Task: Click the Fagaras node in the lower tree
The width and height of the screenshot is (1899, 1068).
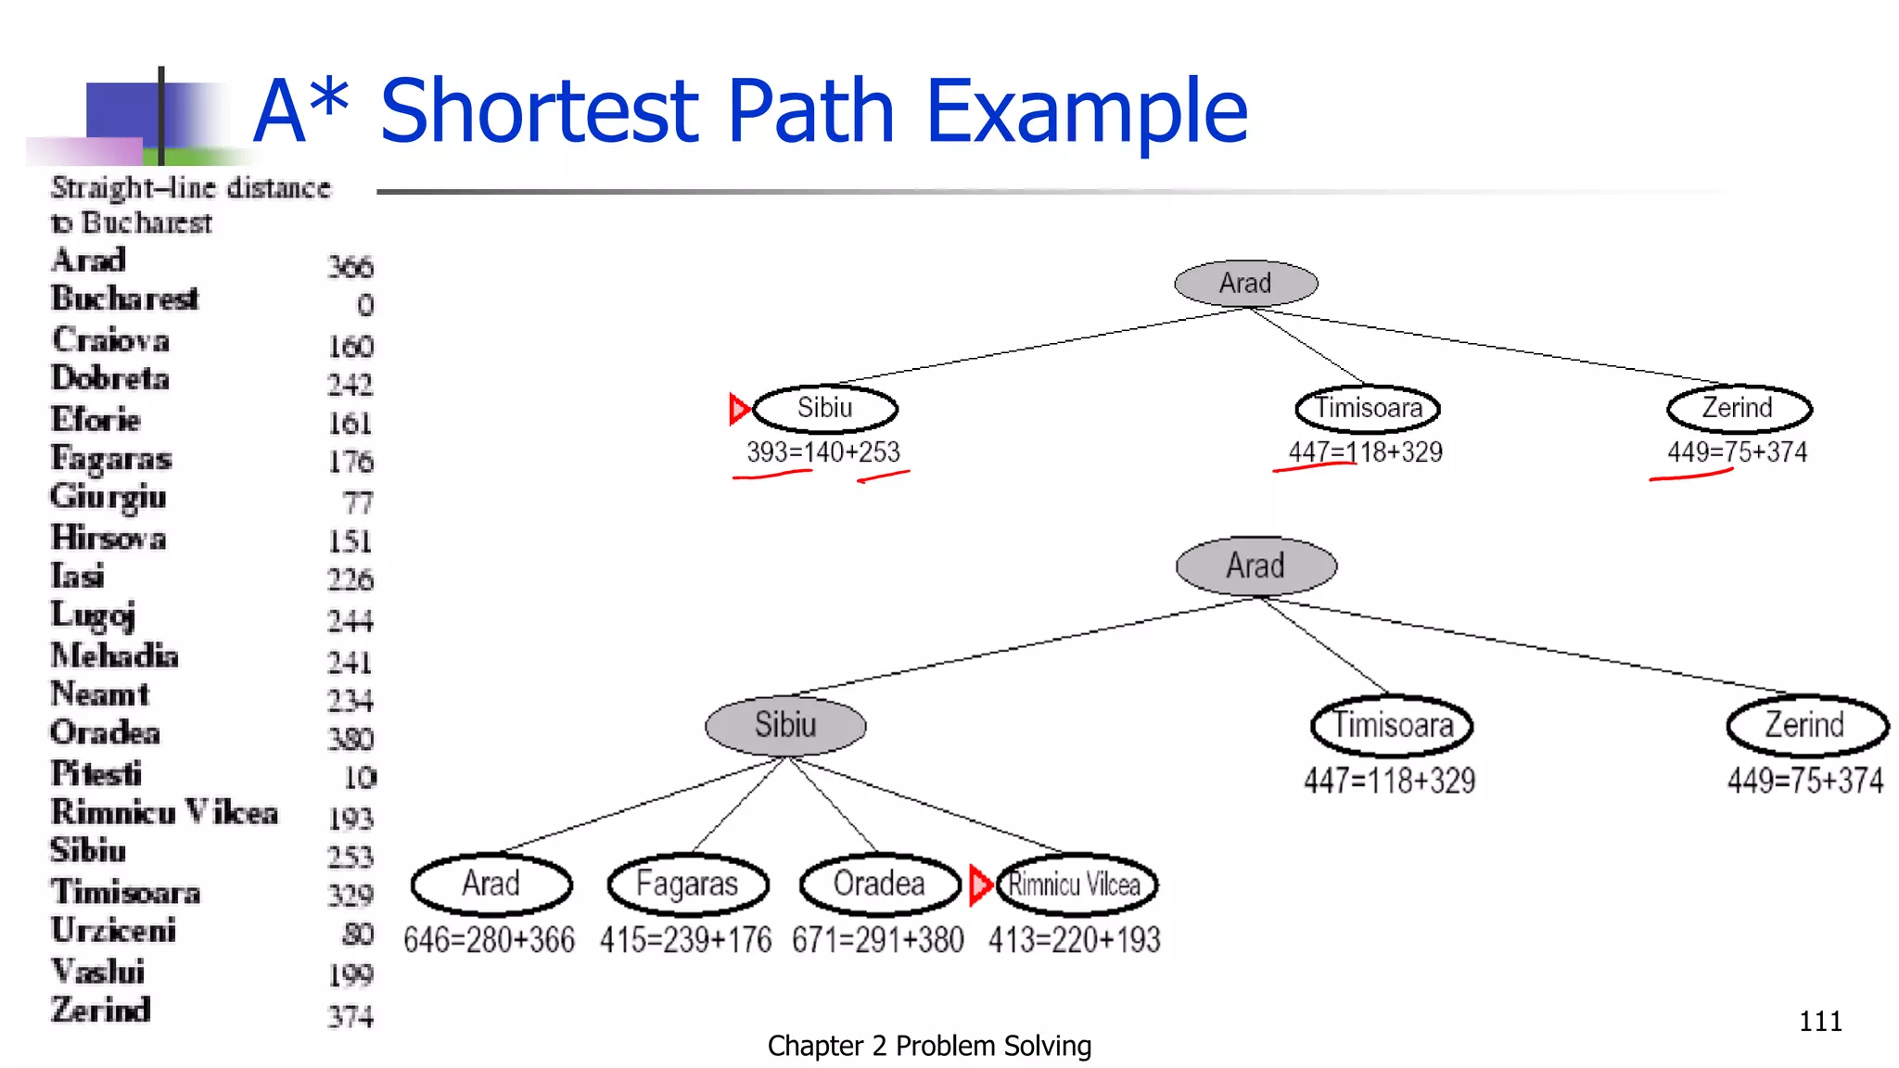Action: [687, 884]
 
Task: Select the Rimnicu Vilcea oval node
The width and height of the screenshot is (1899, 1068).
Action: [1076, 884]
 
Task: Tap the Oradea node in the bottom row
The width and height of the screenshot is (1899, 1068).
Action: [879, 884]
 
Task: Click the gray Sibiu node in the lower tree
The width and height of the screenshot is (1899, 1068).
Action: [785, 724]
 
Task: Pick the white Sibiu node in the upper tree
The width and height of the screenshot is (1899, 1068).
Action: [825, 408]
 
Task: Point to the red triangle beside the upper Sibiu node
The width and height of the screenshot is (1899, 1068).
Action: [739, 408]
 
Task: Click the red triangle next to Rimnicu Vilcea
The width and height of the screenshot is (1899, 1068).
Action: [980, 884]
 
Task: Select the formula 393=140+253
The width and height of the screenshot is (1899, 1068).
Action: [823, 452]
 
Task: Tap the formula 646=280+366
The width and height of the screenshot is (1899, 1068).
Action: [489, 940]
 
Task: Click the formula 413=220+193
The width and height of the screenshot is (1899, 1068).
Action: [1074, 940]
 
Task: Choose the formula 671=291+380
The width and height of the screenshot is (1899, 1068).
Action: [877, 940]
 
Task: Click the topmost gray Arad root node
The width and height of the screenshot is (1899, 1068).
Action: [1245, 283]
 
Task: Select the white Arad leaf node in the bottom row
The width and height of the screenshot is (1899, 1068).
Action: [491, 884]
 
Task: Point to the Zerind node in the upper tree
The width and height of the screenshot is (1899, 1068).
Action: [1738, 408]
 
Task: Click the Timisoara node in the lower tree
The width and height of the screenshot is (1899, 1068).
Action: [1392, 725]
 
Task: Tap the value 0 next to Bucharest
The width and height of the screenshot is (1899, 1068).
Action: [365, 305]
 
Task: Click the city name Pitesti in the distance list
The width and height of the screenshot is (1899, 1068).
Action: [96, 773]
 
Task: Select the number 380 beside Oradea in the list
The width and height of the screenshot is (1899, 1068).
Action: [350, 739]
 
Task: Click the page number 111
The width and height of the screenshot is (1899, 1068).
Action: [1819, 1021]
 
